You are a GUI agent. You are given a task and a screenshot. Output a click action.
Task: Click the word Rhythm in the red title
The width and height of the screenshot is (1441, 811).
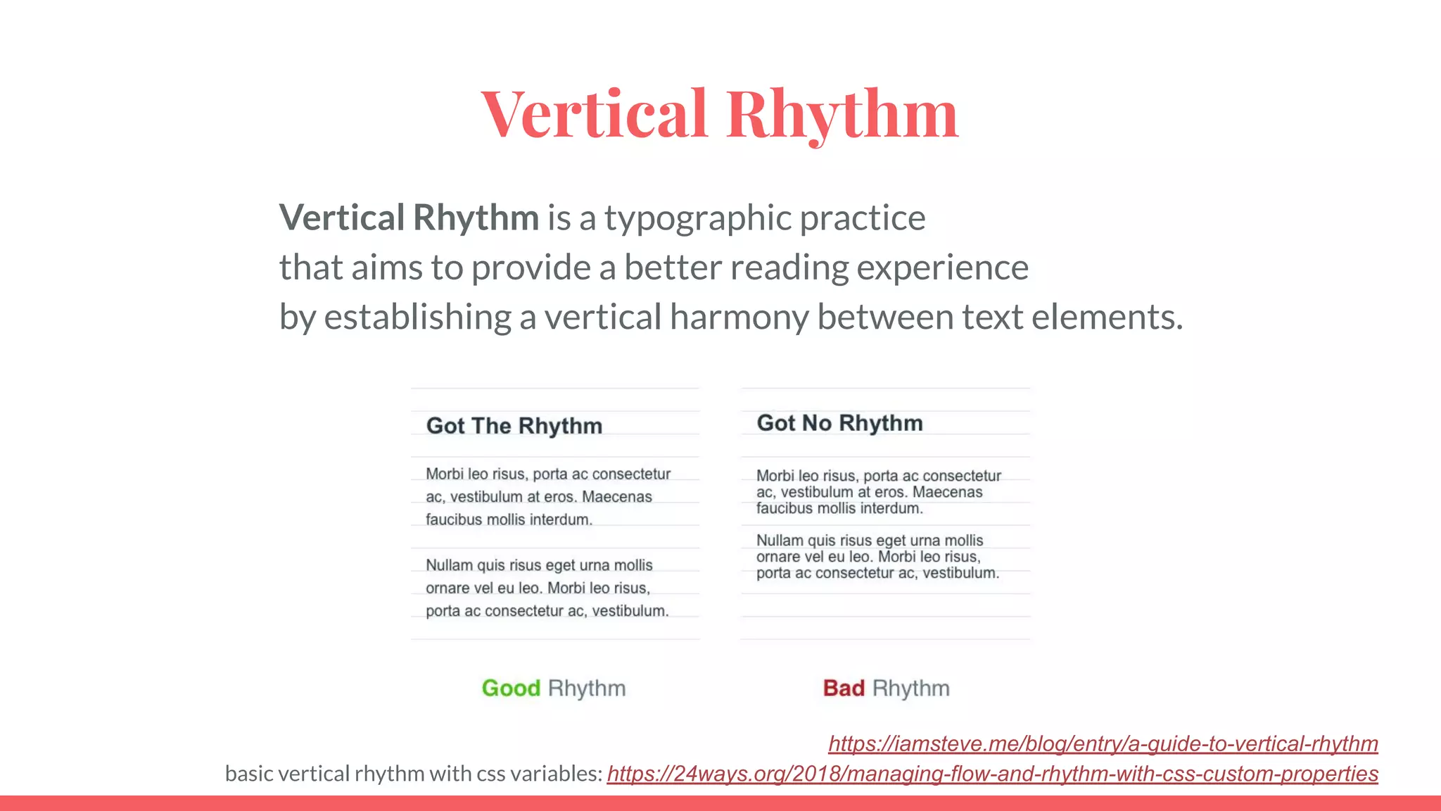[x=842, y=114]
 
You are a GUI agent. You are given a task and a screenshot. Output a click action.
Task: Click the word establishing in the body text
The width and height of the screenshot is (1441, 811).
[x=417, y=318]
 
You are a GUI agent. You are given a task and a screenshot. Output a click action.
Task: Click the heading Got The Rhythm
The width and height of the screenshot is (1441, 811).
[x=514, y=426]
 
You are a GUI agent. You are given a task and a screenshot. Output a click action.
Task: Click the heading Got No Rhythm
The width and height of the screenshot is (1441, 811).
[x=839, y=423]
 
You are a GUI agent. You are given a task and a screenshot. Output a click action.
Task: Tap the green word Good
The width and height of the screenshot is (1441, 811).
[x=511, y=688]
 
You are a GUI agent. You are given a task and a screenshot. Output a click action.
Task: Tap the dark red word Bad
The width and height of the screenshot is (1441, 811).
[x=844, y=688]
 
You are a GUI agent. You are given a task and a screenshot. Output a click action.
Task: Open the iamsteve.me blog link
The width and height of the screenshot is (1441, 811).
[x=1103, y=743]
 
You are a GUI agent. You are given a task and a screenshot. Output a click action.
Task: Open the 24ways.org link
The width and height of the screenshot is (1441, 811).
[x=992, y=774]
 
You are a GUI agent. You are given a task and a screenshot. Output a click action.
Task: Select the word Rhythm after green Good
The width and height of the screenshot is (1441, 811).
[x=587, y=688]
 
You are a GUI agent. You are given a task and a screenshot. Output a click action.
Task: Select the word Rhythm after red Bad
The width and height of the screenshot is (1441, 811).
[x=911, y=688]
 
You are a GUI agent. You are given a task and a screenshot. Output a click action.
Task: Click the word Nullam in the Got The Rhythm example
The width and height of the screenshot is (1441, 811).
[x=449, y=565]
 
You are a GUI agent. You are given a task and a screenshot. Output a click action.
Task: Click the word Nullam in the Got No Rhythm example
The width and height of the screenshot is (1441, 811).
[x=780, y=541]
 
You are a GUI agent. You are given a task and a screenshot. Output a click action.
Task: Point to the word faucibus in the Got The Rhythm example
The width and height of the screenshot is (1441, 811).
[x=451, y=520]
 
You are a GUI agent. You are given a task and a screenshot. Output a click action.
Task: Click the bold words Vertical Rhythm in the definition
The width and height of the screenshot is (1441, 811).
[x=409, y=218]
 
